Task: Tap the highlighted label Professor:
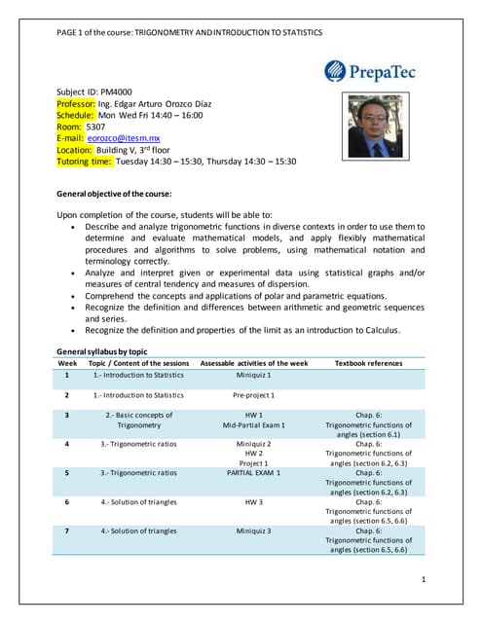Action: click(76, 103)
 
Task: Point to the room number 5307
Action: click(96, 127)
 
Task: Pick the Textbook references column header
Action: click(368, 363)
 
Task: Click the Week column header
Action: click(67, 363)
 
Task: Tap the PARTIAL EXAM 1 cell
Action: click(253, 472)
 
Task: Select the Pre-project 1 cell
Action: click(253, 395)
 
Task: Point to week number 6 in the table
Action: click(66, 502)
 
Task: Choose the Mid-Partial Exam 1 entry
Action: click(253, 425)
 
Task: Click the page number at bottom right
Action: click(425, 579)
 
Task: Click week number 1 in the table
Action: click(66, 375)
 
